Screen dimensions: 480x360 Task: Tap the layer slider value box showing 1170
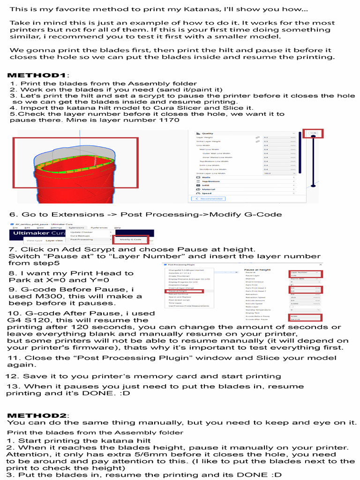point(313,134)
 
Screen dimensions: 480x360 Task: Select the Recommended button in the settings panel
point(202,199)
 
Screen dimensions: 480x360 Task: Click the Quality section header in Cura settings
point(208,133)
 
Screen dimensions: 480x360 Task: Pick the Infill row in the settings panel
point(206,185)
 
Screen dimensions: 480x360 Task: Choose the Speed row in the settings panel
point(206,193)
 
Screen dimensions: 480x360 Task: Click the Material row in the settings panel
point(208,189)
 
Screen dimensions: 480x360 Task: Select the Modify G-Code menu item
point(131,240)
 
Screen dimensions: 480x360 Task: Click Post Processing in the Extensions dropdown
point(82,240)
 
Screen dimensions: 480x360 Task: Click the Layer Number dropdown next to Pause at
point(305,272)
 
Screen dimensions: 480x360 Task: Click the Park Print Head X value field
point(305,288)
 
